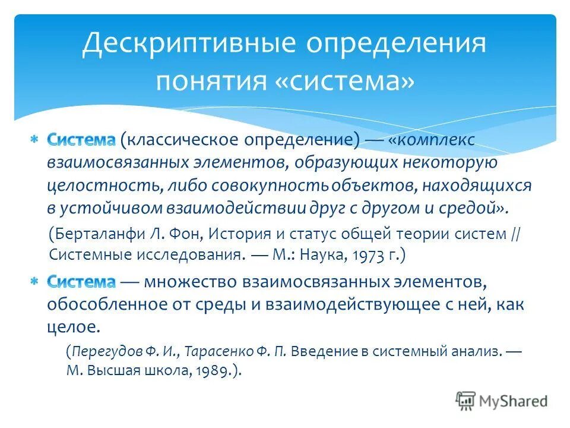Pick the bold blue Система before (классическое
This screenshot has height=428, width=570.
click(81, 140)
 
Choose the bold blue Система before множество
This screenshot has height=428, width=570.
click(81, 281)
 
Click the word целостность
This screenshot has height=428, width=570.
click(100, 186)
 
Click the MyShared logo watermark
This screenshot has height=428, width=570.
click(502, 401)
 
